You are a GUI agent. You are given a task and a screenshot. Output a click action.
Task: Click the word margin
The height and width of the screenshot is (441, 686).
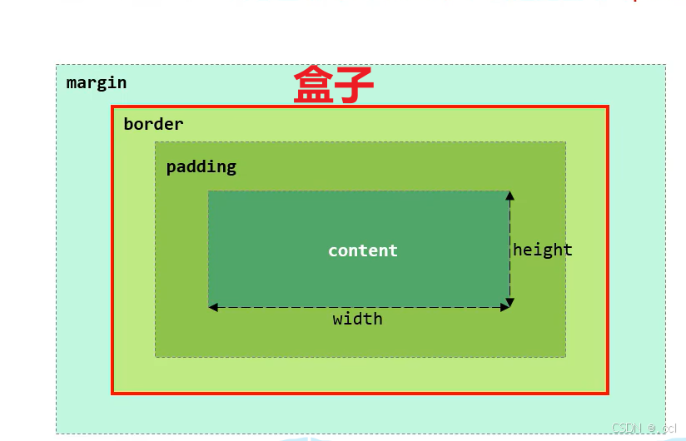click(x=97, y=82)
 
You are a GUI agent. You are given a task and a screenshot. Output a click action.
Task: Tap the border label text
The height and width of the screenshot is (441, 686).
click(x=153, y=124)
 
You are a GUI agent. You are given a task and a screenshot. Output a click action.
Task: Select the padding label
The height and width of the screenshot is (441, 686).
click(x=201, y=166)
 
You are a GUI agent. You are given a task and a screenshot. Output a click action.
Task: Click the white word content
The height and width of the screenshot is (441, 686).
click(x=363, y=250)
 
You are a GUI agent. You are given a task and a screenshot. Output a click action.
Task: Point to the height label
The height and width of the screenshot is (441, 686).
click(x=543, y=250)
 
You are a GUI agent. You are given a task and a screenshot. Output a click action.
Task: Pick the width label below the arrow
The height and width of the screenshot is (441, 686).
click(x=358, y=319)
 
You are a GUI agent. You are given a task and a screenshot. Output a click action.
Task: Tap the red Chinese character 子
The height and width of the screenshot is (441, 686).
click(x=353, y=86)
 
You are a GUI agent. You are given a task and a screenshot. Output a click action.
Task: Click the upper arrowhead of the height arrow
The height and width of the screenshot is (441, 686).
click(x=510, y=196)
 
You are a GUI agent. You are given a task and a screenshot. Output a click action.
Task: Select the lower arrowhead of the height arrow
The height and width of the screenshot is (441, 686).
click(x=510, y=302)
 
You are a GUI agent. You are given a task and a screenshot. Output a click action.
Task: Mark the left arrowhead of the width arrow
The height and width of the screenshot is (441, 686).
click(x=213, y=308)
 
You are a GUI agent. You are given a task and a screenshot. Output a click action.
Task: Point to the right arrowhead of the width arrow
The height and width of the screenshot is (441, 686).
click(x=505, y=308)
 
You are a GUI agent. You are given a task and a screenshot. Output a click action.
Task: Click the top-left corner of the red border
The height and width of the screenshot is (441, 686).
click(x=113, y=107)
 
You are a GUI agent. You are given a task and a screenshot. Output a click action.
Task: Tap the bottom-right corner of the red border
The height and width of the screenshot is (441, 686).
click(x=608, y=393)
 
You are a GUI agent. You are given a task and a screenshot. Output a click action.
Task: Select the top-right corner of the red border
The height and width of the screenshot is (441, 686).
click(x=608, y=107)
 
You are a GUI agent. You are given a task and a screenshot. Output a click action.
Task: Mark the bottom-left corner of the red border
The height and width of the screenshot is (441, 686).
click(x=113, y=393)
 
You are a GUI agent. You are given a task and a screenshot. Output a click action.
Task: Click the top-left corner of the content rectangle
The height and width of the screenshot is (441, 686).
click(x=209, y=191)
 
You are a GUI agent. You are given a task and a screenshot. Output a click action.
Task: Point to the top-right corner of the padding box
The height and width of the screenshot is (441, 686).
click(x=565, y=142)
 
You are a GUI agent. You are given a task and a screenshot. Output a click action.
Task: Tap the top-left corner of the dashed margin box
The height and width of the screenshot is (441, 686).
click(x=57, y=65)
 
